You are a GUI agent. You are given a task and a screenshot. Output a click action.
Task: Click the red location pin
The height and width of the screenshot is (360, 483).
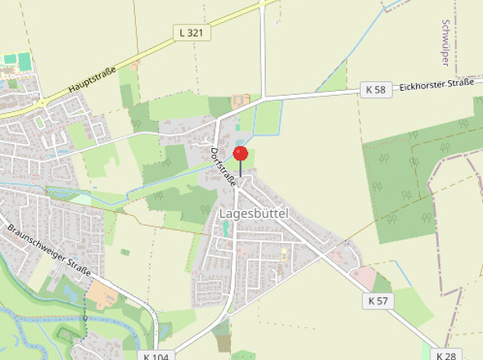240,154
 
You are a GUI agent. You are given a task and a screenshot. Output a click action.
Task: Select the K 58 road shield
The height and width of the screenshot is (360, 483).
375,89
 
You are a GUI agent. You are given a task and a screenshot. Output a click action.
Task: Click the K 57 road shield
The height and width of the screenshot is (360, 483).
377,301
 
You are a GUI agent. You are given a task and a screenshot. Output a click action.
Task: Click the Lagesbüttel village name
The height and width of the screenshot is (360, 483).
255,213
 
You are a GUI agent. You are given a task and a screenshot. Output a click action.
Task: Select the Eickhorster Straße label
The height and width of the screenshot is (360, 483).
436,85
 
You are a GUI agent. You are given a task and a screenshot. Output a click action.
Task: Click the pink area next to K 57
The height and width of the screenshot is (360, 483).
365,278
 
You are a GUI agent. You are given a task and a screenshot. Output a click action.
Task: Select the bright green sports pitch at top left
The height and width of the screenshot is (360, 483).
24,61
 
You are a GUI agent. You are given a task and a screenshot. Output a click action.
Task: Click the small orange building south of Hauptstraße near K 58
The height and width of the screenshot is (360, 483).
241,101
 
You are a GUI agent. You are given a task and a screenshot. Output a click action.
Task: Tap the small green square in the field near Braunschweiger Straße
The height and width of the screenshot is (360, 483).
124,252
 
